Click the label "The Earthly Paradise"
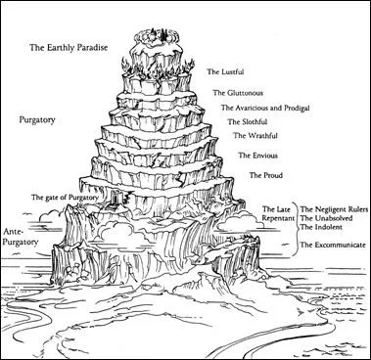click(x=69, y=48)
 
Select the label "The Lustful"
click(x=225, y=71)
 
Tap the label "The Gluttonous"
click(x=238, y=93)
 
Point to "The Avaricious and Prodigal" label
click(x=265, y=108)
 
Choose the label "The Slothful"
click(x=248, y=122)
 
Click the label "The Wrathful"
click(x=255, y=135)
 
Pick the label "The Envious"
click(x=257, y=156)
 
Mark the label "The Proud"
click(x=266, y=175)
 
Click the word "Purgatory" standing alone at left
click(x=37, y=120)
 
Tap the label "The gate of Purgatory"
click(x=65, y=198)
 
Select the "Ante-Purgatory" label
click(x=21, y=237)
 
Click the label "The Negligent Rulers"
click(x=334, y=209)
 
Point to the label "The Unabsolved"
click(x=326, y=218)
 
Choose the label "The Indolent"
click(x=321, y=227)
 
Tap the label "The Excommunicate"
click(x=333, y=245)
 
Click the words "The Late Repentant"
click(x=278, y=213)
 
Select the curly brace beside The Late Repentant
click(x=296, y=228)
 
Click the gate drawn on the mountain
click(x=116, y=199)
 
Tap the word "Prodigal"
click(x=296, y=108)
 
